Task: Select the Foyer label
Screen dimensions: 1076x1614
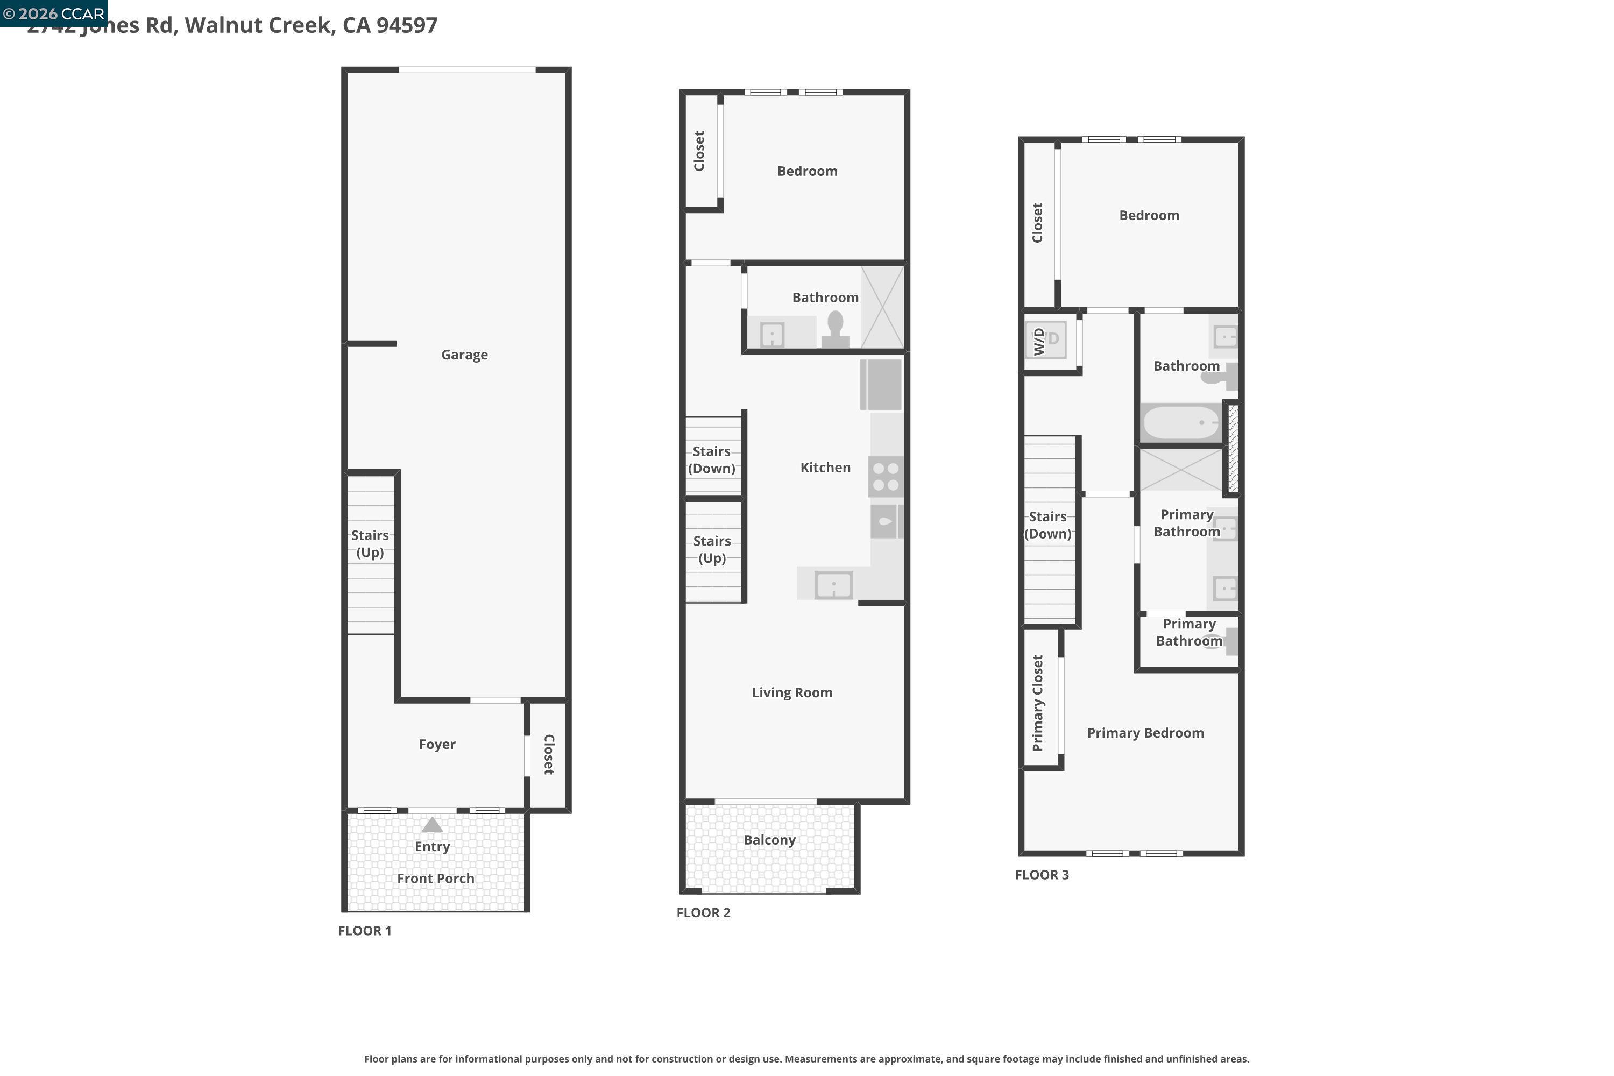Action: coord(436,745)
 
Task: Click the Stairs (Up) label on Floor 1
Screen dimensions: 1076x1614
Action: coord(370,543)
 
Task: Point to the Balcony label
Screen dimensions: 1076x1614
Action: coord(769,840)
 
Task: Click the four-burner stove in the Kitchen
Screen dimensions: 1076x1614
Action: coord(885,476)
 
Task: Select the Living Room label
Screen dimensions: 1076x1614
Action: coord(792,692)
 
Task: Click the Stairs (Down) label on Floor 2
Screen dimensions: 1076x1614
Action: coord(712,460)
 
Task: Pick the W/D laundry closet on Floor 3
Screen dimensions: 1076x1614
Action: coord(1046,341)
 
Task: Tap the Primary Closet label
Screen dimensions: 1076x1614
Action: coord(1038,703)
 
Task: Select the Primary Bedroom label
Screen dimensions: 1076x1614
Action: coord(1145,733)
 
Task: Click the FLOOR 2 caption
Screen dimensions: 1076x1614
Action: coord(703,912)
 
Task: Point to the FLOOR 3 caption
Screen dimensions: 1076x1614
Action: coord(1042,875)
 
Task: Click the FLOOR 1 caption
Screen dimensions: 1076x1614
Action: coord(364,931)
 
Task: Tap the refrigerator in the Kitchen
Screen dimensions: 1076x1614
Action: coord(881,385)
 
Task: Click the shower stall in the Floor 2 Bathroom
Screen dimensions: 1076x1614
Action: coord(882,307)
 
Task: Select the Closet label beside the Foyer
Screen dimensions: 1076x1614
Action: coord(549,754)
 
